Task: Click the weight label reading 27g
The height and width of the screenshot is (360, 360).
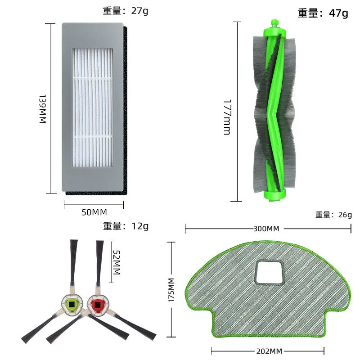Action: point(126,11)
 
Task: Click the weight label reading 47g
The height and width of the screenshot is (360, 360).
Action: point(323,13)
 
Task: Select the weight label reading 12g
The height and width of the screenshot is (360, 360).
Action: point(126,226)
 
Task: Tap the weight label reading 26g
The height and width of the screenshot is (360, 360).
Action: point(333,215)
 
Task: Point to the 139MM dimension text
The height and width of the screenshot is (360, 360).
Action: point(42,109)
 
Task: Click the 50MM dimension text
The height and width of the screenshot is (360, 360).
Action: point(93,212)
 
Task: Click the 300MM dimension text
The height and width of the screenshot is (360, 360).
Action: point(266,229)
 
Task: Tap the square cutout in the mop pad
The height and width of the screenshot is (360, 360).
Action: point(269,273)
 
